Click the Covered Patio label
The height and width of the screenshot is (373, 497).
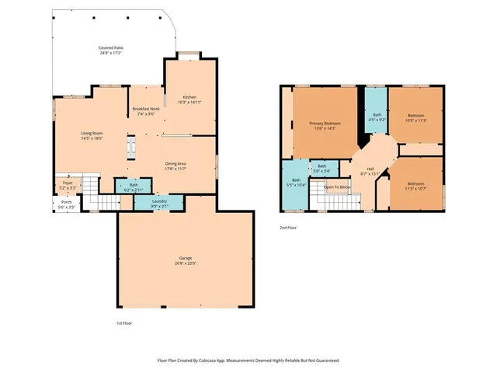pos(110,48)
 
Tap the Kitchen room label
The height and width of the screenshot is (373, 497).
pos(189,97)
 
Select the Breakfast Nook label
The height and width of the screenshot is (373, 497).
pos(146,110)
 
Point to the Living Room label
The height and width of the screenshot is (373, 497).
pos(92,134)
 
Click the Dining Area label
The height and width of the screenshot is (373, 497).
pos(175,164)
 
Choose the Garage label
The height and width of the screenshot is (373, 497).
pos(186,258)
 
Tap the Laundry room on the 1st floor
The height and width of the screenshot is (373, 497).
pos(160,201)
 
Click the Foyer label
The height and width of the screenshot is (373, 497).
pos(68,183)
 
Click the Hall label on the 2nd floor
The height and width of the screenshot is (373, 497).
pos(370,169)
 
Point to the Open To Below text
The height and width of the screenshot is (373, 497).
pos(337,187)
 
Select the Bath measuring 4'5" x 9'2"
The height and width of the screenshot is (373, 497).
pos(377,115)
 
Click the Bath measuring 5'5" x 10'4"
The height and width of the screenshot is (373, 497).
pos(296,180)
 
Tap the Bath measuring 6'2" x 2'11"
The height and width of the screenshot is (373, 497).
pos(134,185)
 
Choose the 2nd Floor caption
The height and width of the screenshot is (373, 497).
pos(288,228)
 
